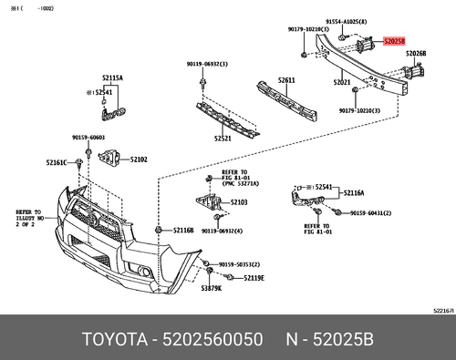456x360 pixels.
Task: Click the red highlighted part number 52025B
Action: pos(396,41)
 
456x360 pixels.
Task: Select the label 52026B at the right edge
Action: pos(415,54)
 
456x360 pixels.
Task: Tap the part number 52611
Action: pos(287,81)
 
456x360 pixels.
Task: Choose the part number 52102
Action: pos(140,159)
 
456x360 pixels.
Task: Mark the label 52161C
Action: pos(57,163)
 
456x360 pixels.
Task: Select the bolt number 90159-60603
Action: pos(88,138)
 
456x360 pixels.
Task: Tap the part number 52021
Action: pos(342,83)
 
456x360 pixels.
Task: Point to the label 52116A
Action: pos(354,193)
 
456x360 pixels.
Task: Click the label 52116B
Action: pos(182,231)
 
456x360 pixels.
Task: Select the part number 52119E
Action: pos(253,277)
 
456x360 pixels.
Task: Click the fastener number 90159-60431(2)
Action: pos(375,214)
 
